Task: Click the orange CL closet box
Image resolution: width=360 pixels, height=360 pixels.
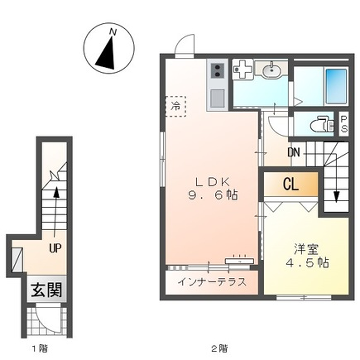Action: click(x=287, y=185)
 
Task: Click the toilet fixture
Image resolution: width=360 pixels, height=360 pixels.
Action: click(x=319, y=127)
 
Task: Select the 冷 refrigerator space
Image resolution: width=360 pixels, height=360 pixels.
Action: click(x=177, y=104)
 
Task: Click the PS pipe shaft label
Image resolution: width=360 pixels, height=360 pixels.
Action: click(x=343, y=127)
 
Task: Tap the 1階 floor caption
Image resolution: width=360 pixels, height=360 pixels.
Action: click(x=39, y=349)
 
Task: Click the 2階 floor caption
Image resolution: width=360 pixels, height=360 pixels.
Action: click(x=217, y=349)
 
